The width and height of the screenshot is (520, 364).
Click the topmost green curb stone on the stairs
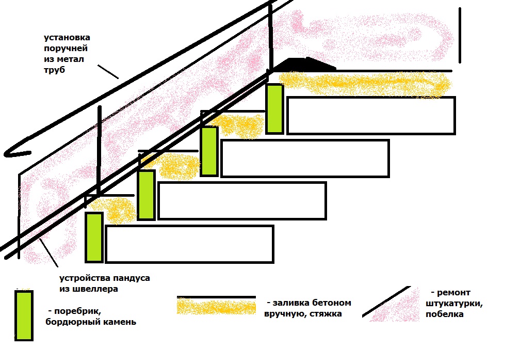pyautogui.click(x=274, y=109)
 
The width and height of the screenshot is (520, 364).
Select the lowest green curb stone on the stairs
pyautogui.click(x=94, y=237)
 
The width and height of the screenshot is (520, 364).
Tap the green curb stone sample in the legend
pyautogui.click(x=24, y=315)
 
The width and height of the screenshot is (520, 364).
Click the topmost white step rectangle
pyautogui.click(x=371, y=116)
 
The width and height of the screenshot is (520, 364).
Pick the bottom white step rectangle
pyautogui.click(x=189, y=244)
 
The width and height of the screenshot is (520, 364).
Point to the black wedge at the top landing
pyautogui.click(x=304, y=64)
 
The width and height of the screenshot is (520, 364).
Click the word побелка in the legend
pyautogui.click(x=444, y=314)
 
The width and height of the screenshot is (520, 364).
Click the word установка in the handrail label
pyautogui.click(x=68, y=38)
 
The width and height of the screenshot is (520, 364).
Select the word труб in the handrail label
pyautogui.click(x=55, y=70)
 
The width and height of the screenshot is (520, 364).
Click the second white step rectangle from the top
pyautogui.click(x=305, y=158)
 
